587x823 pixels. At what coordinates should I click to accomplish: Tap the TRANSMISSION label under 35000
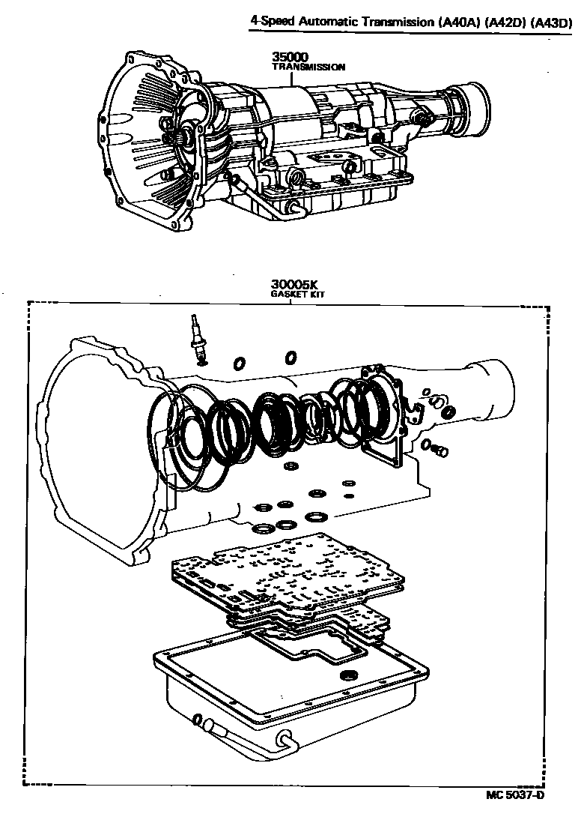click(308, 67)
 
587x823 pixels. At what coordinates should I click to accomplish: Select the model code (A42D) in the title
click(505, 23)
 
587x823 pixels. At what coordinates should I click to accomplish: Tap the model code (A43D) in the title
click(551, 23)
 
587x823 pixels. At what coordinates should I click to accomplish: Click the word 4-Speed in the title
click(273, 23)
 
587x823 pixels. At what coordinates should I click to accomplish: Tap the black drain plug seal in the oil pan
click(348, 677)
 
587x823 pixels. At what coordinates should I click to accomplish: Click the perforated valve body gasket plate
click(288, 573)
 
